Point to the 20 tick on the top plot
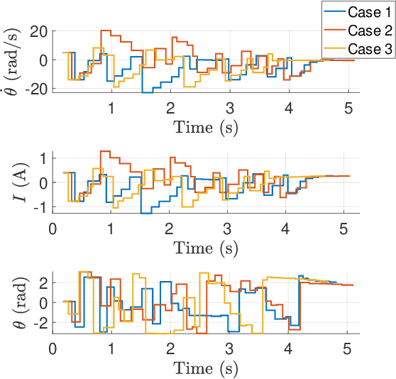[x=38, y=31]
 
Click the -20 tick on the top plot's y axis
[x=35, y=88]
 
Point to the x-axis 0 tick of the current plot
[x=53, y=229]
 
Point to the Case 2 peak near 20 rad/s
[x=106, y=31]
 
